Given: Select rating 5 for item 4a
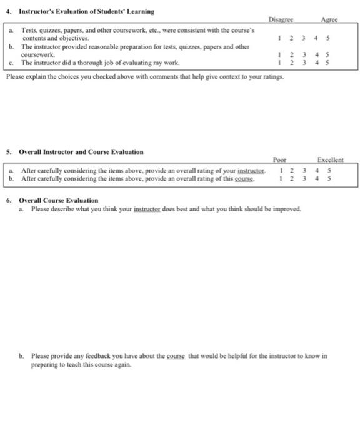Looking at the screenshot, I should (329, 37).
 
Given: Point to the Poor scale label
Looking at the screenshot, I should (279, 161).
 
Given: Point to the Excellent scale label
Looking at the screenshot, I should (331, 161).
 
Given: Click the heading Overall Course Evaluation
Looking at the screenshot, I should (59, 200).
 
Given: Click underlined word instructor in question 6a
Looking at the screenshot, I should (148, 208).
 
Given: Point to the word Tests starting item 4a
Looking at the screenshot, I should (29, 29).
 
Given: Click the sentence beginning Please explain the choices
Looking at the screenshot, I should (145, 76).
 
